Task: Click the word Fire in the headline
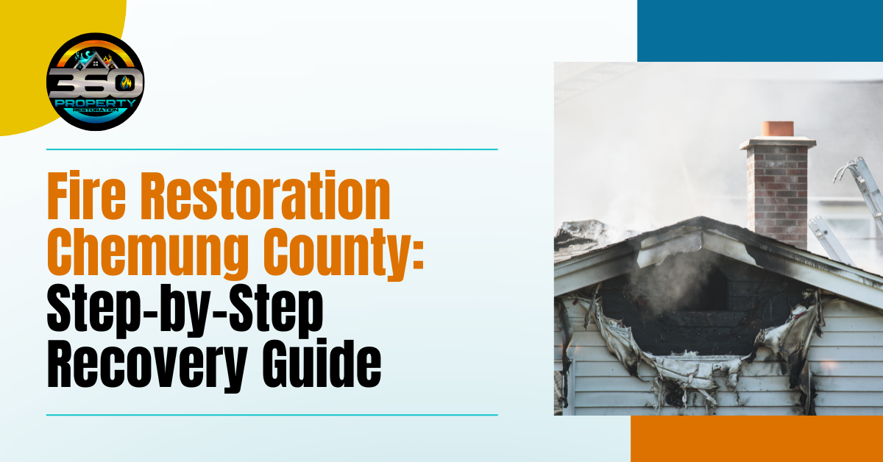click(x=86, y=195)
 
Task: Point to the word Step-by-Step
click(x=185, y=311)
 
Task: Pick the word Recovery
click(x=147, y=366)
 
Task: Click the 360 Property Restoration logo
click(x=96, y=82)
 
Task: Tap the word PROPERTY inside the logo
click(x=96, y=103)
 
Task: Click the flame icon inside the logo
click(x=126, y=83)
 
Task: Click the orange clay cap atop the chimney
click(x=777, y=129)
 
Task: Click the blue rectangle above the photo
click(x=760, y=31)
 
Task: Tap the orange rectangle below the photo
click(x=757, y=438)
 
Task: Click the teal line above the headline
click(x=272, y=149)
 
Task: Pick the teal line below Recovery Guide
click(x=272, y=415)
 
